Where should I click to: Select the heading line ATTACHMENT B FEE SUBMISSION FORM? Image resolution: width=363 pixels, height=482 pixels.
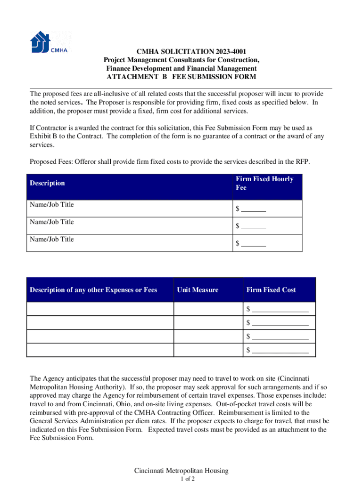click(181, 77)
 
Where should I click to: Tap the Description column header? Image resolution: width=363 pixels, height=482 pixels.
click(47, 183)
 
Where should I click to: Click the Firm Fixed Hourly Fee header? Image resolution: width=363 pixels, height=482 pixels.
click(264, 183)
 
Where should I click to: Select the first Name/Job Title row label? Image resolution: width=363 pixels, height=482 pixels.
click(52, 205)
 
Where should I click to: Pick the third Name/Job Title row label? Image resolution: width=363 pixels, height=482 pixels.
click(52, 239)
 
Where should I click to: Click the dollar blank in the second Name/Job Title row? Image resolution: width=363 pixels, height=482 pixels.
click(251, 226)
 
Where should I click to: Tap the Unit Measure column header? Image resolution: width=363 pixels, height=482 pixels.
click(198, 290)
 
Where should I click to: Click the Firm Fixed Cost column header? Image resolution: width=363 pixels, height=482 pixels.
click(271, 290)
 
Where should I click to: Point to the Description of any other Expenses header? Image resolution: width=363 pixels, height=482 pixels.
click(93, 290)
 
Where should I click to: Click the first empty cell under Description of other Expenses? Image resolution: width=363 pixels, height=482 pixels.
click(100, 309)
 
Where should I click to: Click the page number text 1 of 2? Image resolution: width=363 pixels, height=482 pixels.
click(181, 479)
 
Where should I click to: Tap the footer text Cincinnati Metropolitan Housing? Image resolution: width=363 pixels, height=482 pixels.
click(181, 471)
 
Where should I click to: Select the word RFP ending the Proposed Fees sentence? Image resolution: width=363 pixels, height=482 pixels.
click(302, 162)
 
